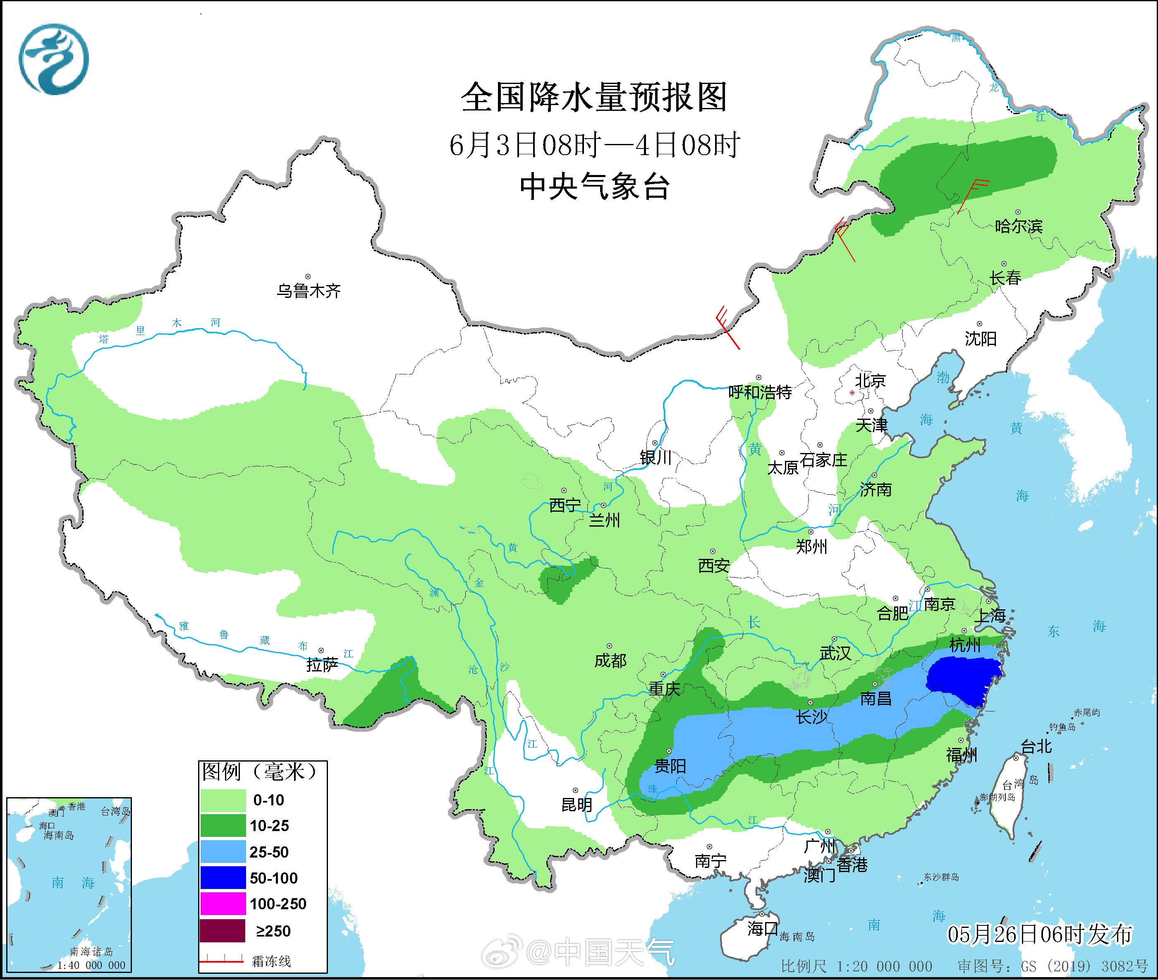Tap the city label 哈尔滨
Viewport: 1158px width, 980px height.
[1018, 226]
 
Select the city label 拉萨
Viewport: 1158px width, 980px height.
[322, 665]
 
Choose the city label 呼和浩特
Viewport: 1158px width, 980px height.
[759, 392]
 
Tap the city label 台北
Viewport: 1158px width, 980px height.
[1036, 747]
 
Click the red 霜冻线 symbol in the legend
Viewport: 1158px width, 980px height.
[222, 961]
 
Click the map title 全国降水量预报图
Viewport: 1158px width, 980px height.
[594, 98]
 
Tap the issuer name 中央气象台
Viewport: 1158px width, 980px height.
[594, 187]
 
